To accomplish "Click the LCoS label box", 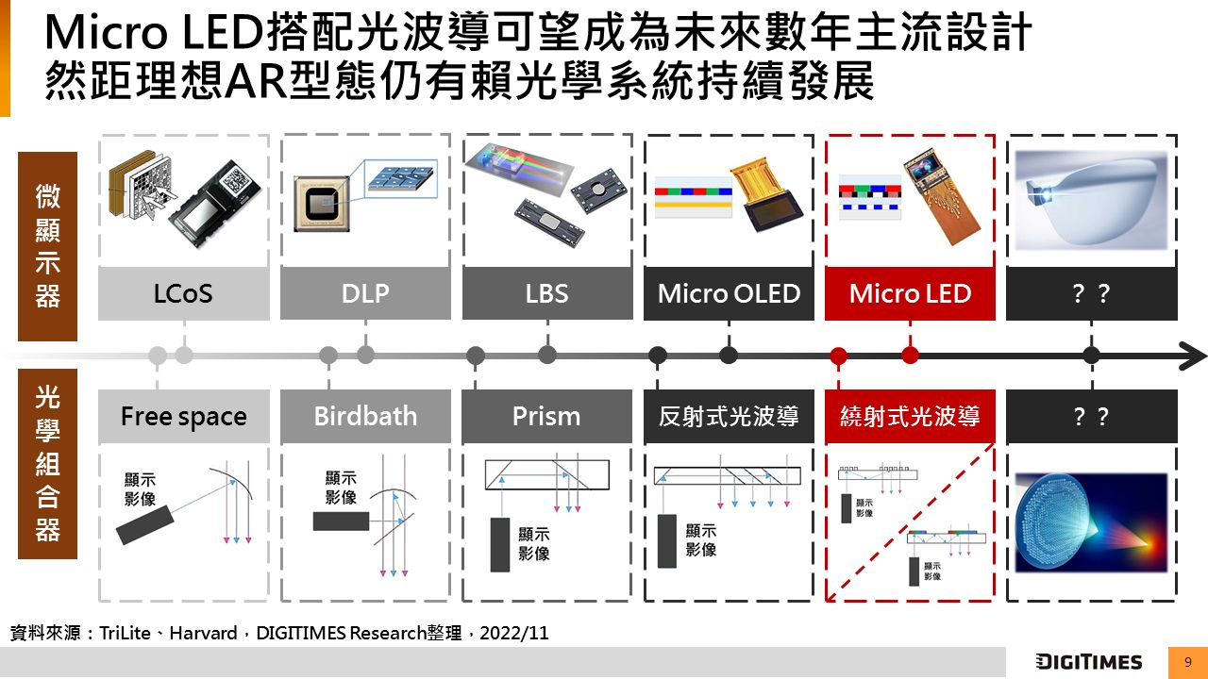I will pos(183,293).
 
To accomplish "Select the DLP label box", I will pos(365,293).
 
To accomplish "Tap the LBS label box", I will pos(546,293).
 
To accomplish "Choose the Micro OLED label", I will pos(729,293).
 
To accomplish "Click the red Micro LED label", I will pos(910,293).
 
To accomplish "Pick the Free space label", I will pos(183,416).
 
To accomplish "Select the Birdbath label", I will pos(365,416).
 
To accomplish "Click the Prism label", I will pos(546,416).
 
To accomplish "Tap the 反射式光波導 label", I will pos(729,416).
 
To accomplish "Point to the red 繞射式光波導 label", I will pos(910,416).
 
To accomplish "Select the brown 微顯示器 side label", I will pos(47,246).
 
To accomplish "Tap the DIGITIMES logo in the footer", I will pos(1088,662).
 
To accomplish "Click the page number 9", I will pos(1187,662).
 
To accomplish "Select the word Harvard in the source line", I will pos(203,633).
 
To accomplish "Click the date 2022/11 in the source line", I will pos(513,633).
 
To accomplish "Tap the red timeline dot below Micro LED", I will pos(910,356).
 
